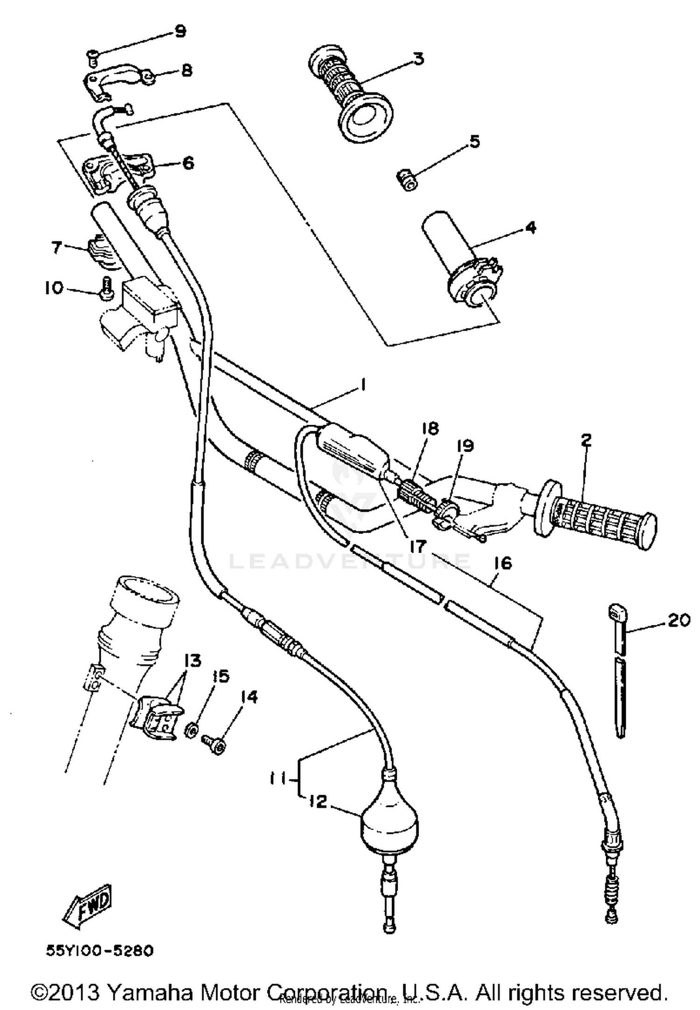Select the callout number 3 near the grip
(x=418, y=59)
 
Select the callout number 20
(x=679, y=620)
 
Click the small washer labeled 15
(x=190, y=731)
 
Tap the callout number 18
(x=430, y=428)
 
